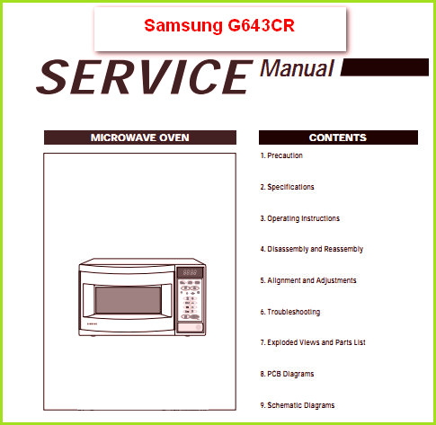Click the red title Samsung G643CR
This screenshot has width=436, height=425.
click(219, 25)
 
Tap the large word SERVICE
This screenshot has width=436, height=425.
click(145, 77)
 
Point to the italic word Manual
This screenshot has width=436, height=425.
click(297, 68)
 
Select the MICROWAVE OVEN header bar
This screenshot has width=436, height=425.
click(140, 137)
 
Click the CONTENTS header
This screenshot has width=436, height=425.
click(338, 137)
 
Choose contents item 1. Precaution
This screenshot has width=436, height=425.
click(281, 155)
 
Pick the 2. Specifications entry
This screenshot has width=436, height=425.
click(287, 187)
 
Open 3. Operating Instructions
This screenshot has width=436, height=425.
click(299, 218)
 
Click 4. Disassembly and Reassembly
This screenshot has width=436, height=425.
click(312, 249)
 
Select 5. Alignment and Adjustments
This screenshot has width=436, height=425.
click(308, 280)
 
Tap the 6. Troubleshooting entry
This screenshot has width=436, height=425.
click(290, 312)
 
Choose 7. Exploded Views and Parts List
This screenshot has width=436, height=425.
click(313, 342)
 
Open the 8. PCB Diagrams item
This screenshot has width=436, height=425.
click(287, 374)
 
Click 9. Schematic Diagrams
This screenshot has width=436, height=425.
click(298, 405)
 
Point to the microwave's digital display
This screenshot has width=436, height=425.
click(190, 272)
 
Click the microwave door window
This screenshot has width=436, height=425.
click(128, 300)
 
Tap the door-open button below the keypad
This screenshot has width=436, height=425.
click(190, 327)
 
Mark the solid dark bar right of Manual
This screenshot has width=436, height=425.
click(385, 67)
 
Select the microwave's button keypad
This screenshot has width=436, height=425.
click(190, 300)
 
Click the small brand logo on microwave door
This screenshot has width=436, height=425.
click(92, 323)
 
